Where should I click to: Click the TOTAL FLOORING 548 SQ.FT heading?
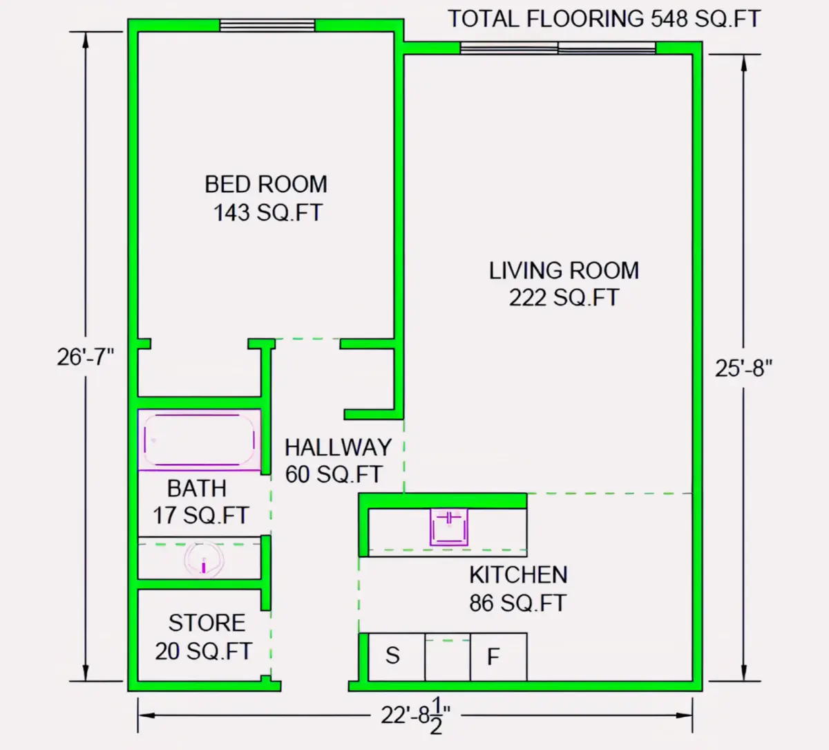click(x=604, y=19)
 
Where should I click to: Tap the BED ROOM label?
click(x=266, y=185)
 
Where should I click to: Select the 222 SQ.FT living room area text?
click(x=564, y=298)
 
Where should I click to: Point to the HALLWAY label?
click(x=338, y=448)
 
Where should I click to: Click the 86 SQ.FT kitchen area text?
click(x=517, y=603)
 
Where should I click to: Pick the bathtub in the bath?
click(x=199, y=440)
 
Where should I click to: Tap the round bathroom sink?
click(x=204, y=560)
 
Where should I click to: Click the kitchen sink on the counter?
click(x=449, y=527)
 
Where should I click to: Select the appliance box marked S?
click(x=397, y=657)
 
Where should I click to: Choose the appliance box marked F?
click(x=498, y=657)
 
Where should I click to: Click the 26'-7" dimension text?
click(x=85, y=357)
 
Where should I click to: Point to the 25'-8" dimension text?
click(x=743, y=368)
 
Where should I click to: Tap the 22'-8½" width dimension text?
click(x=415, y=715)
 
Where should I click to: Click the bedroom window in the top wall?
click(x=267, y=26)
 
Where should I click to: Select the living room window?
click(x=558, y=48)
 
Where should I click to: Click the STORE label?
click(x=207, y=623)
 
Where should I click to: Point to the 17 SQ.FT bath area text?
click(x=201, y=516)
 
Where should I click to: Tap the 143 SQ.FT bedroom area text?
click(x=268, y=213)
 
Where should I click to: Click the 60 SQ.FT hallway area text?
click(x=333, y=474)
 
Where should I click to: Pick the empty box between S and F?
click(x=448, y=657)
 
